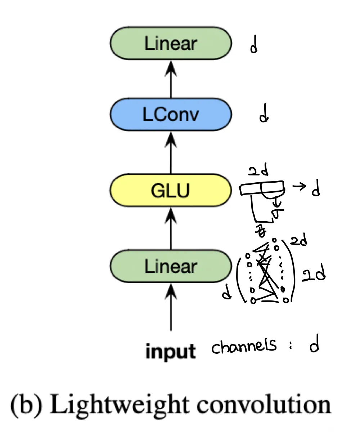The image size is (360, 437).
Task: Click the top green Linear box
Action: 171,44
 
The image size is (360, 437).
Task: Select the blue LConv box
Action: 171,115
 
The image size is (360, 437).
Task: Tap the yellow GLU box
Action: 171,190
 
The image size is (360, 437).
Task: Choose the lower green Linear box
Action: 171,267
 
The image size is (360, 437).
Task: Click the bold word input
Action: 171,351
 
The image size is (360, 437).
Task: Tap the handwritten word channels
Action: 244,346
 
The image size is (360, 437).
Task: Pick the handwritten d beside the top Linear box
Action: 254,46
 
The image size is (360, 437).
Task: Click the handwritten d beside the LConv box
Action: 264,116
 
